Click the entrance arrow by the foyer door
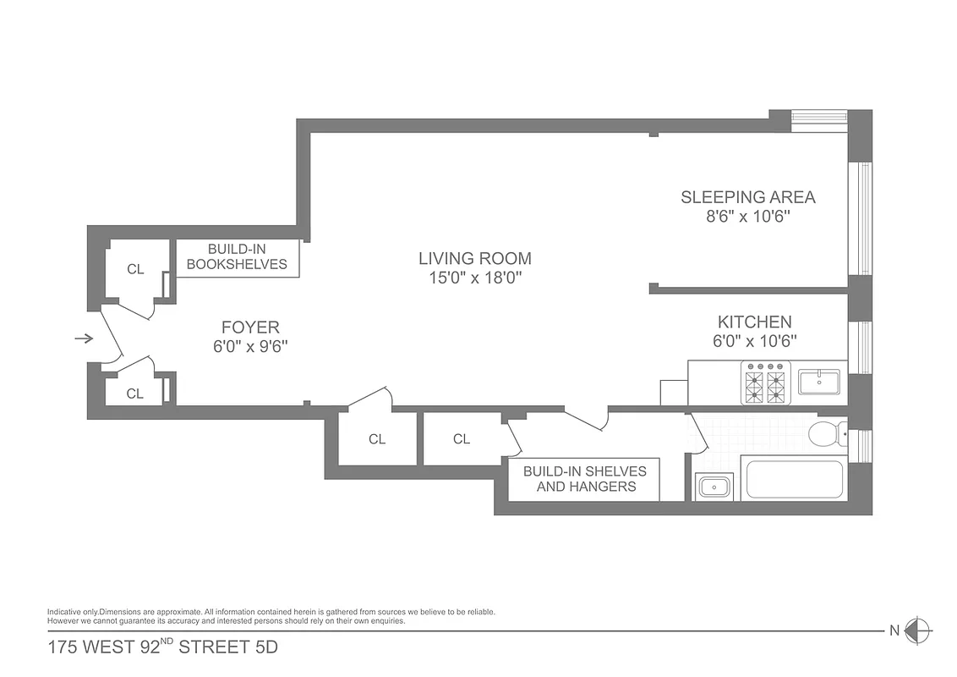pos(84,339)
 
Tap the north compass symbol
pos(917,630)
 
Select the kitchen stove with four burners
pos(765,383)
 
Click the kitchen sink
pos(819,383)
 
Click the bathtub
pos(795,480)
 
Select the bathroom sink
pos(715,487)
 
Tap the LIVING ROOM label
pos(475,259)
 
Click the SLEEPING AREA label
pos(748,197)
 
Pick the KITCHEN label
pos(754,322)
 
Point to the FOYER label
pos(250,327)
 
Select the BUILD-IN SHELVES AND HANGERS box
pos(585,479)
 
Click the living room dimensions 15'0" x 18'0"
pos(475,278)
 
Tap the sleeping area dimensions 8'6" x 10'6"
pos(748,217)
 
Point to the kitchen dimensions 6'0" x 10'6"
pos(754,341)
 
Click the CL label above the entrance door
pos(135,270)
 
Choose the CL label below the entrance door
pos(135,394)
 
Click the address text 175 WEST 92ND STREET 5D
pos(162,649)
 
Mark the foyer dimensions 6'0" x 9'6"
pos(250,346)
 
